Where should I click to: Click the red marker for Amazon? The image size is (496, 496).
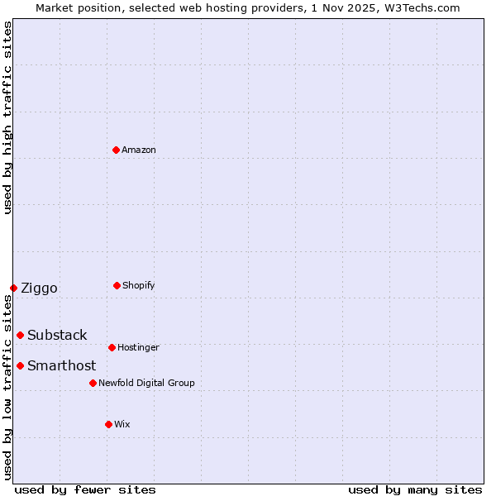tap(116, 150)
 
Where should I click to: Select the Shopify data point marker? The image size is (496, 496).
tap(117, 285)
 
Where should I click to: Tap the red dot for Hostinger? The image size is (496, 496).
tap(112, 347)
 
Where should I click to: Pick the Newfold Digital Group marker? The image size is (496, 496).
tap(93, 383)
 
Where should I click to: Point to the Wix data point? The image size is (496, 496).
tap(108, 424)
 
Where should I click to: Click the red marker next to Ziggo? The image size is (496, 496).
tap(13, 288)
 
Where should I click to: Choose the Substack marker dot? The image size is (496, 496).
tap(20, 335)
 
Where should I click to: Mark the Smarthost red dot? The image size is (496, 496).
tap(20, 365)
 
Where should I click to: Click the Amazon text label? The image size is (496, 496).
tap(139, 150)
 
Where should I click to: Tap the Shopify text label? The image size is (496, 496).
tap(139, 285)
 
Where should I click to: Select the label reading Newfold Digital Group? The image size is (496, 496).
tap(146, 383)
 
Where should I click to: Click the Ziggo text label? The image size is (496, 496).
tap(39, 288)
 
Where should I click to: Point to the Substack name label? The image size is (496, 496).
tap(57, 335)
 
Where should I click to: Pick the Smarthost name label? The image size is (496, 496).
tap(61, 365)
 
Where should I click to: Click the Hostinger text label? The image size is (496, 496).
tap(138, 347)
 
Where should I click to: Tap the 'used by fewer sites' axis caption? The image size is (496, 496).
tap(85, 489)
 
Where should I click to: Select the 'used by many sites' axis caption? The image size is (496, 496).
tap(415, 489)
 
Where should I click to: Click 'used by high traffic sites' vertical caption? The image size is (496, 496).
tap(7, 117)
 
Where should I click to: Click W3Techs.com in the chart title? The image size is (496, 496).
tap(420, 7)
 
